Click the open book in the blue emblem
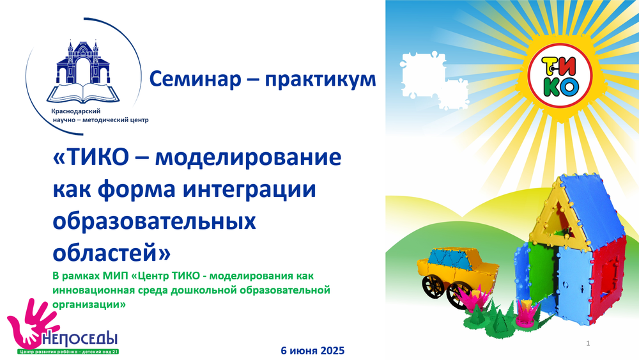click(x=83, y=93)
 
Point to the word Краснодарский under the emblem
click(x=76, y=111)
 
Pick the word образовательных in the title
click(x=155, y=222)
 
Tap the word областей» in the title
click(x=112, y=253)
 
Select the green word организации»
click(x=89, y=304)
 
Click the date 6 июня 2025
click(x=312, y=350)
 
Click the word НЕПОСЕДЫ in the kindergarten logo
click(x=81, y=339)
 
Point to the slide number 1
click(x=588, y=343)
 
